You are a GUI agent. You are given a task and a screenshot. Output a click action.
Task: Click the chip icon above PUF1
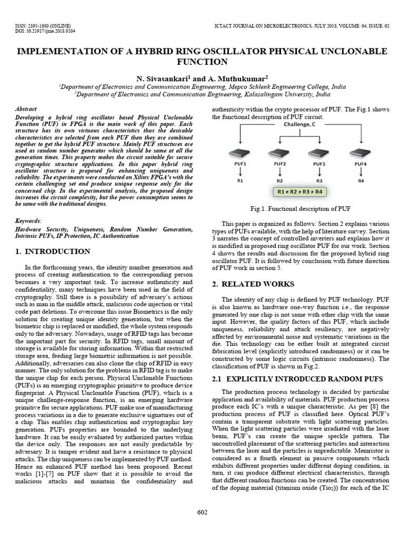238,154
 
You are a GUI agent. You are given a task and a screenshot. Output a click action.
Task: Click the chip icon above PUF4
361,154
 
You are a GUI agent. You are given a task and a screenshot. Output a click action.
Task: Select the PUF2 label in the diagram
279,165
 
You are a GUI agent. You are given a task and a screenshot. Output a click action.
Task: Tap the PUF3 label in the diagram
319,165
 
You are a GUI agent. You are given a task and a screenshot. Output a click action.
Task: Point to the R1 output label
239,180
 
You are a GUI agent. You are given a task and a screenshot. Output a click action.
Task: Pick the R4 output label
361,180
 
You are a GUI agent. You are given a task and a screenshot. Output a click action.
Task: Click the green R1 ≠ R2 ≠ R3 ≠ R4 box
300,192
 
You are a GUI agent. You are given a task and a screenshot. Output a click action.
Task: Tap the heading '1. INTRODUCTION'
52,252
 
